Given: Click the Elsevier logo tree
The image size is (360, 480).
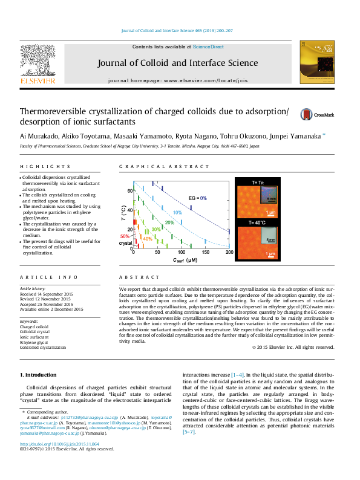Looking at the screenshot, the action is tap(38, 60).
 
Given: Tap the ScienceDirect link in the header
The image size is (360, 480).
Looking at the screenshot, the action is tap(209, 47).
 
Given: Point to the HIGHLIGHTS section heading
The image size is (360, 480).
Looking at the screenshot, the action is tap(45, 167).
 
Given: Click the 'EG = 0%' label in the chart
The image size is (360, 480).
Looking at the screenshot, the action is tap(197, 198).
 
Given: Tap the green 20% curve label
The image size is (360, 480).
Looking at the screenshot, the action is tap(170, 222).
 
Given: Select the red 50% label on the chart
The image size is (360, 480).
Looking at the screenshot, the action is tap(125, 236).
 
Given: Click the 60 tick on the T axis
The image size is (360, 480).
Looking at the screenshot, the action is tap(129, 190).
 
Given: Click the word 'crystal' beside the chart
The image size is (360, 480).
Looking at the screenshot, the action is tap(125, 243).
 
